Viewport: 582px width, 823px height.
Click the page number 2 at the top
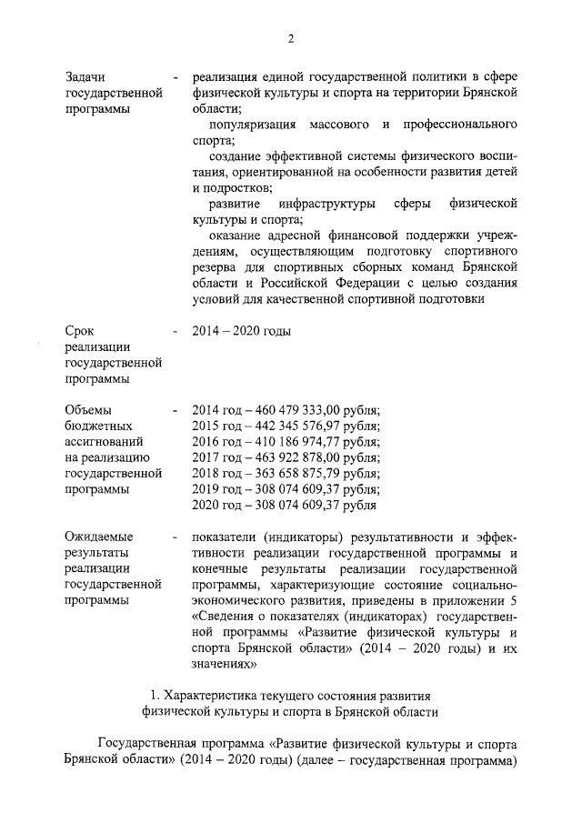tap(290, 37)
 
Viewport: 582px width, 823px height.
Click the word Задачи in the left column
tap(87, 77)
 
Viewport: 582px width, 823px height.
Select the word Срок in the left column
tap(80, 331)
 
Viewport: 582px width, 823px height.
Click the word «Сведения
tap(225, 617)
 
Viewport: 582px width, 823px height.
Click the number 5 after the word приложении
tap(514, 600)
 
